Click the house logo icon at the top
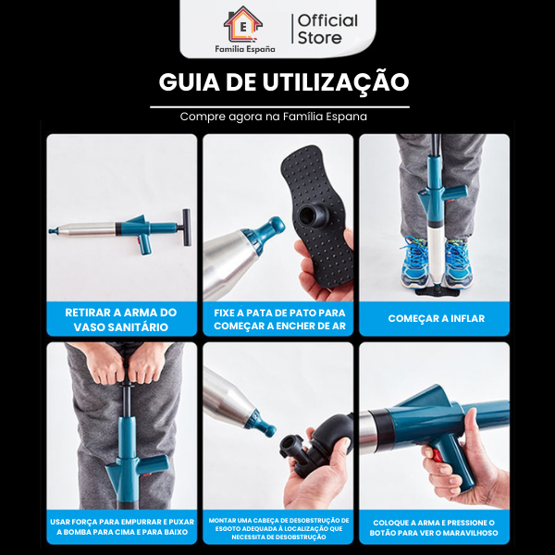pos(242,21)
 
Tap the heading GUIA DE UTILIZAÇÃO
pos(283,82)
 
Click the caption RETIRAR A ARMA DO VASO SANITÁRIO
pos(122,319)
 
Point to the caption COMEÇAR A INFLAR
pos(435,319)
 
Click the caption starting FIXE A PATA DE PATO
pos(278,319)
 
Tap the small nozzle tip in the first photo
pos(54,229)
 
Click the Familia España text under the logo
pos(242,46)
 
